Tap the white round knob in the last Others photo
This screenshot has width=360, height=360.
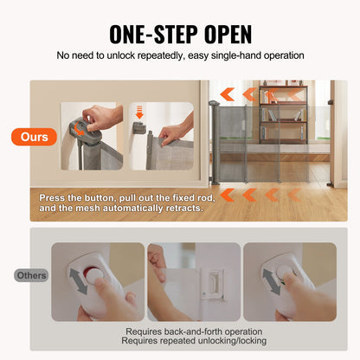click(x=283, y=276)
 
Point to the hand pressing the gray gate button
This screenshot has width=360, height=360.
click(x=102, y=116)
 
